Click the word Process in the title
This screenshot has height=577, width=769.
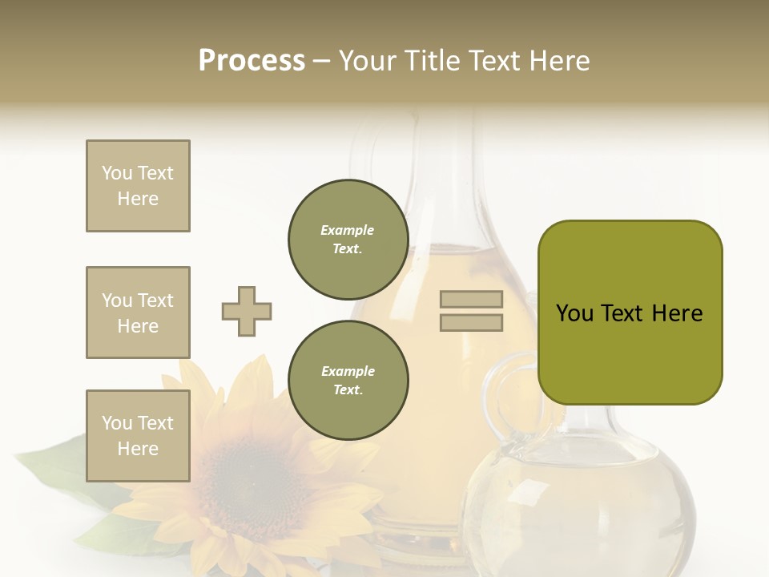pyautogui.click(x=252, y=61)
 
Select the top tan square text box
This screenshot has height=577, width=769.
pyautogui.click(x=138, y=186)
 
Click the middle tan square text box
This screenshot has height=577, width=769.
pyautogui.click(x=138, y=313)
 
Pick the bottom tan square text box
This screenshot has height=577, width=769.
pyautogui.click(x=138, y=435)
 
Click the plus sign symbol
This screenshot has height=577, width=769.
pyautogui.click(x=247, y=311)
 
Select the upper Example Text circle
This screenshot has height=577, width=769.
pyautogui.click(x=348, y=239)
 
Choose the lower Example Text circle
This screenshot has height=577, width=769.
pyautogui.click(x=348, y=380)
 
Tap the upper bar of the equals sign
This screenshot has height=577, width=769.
pyautogui.click(x=471, y=300)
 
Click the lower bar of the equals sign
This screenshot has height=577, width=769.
pyautogui.click(x=471, y=322)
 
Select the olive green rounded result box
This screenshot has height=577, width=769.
pyautogui.click(x=630, y=312)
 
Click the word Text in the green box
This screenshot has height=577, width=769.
pyautogui.click(x=622, y=313)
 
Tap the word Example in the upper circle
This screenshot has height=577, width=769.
pyautogui.click(x=347, y=230)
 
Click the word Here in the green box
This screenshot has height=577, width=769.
pyautogui.click(x=677, y=313)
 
